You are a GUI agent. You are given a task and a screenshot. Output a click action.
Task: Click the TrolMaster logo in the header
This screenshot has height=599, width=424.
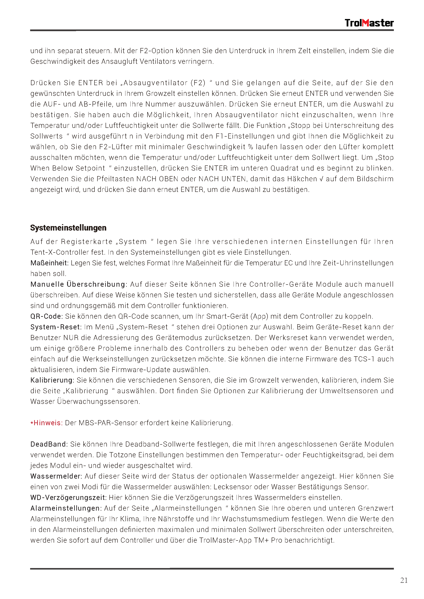coord(369,23)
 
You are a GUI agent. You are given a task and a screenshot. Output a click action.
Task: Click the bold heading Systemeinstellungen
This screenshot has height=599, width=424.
coord(68,228)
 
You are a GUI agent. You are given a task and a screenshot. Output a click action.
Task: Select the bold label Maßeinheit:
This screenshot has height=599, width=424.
coord(49,263)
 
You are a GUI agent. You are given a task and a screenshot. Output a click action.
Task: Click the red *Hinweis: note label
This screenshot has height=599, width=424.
coord(47,423)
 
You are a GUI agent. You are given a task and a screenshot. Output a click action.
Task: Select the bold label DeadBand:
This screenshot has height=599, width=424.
coord(49,444)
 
